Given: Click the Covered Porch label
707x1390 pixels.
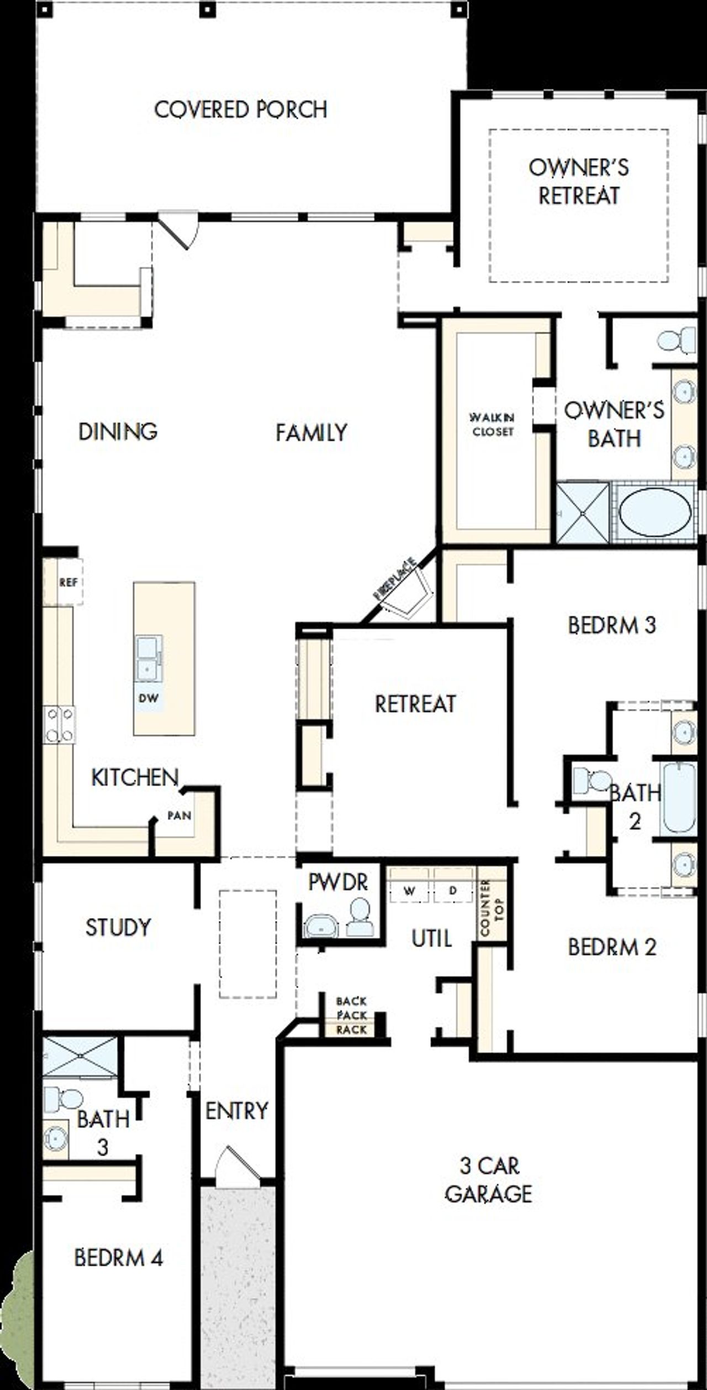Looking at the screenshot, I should [241, 109].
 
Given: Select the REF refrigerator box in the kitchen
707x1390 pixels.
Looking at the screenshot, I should [68, 582].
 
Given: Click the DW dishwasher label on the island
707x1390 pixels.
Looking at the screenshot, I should [148, 698].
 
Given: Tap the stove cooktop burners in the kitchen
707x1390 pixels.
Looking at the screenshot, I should [60, 724].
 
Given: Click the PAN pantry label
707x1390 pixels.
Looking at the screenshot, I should [180, 816].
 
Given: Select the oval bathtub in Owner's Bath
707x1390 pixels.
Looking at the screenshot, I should [655, 511].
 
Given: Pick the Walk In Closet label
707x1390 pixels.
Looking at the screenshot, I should [492, 424].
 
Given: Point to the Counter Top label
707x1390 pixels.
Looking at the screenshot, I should [492, 908].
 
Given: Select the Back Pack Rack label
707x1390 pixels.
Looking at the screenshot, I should [351, 1015].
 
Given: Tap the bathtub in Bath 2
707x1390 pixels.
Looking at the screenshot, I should [679, 797].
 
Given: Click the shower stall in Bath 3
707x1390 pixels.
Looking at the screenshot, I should [81, 1057].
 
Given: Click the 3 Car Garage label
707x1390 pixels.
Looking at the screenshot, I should [489, 1180].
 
